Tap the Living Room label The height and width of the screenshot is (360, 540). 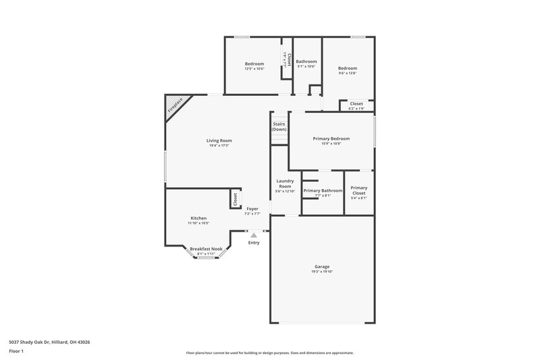[x=219, y=140]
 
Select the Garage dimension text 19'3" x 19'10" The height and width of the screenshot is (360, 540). [x=322, y=271]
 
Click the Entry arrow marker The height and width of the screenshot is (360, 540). [x=254, y=235]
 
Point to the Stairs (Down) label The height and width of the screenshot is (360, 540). [x=279, y=126]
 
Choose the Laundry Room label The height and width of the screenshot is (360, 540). [x=284, y=183]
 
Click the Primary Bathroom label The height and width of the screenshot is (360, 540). [x=323, y=190]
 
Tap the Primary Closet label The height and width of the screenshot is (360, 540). [x=358, y=190]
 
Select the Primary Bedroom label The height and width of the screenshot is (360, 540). [x=331, y=138]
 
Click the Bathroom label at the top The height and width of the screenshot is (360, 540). [x=306, y=61]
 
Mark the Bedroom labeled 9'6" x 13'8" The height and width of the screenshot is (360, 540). [x=348, y=68]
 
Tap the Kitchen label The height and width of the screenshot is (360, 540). [x=198, y=218]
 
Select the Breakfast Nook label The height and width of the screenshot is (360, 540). [x=206, y=249]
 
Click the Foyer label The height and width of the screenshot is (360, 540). [x=252, y=209]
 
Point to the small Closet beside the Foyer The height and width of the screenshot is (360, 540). [x=235, y=199]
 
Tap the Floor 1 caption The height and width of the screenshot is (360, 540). [x=16, y=351]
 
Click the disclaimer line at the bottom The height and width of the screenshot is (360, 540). [x=269, y=353]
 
